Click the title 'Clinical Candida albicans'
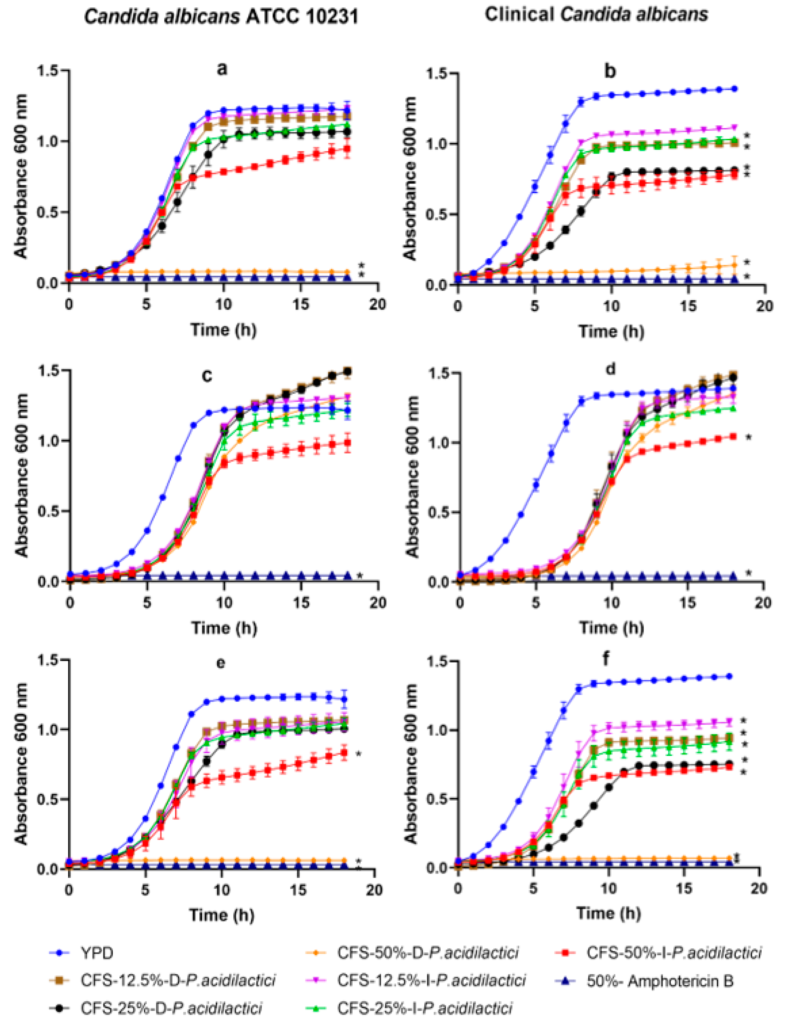click(596, 15)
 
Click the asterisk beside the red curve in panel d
click(749, 437)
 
